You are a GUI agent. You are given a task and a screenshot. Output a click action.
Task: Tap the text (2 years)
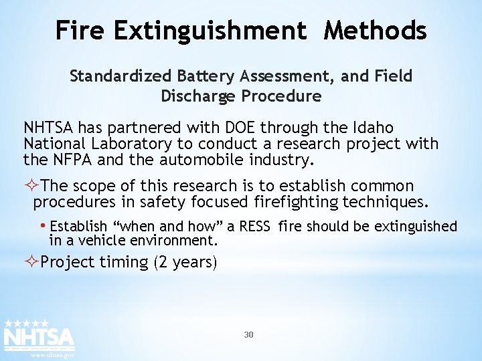click(x=185, y=261)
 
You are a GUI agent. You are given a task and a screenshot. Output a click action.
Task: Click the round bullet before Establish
click(x=44, y=225)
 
